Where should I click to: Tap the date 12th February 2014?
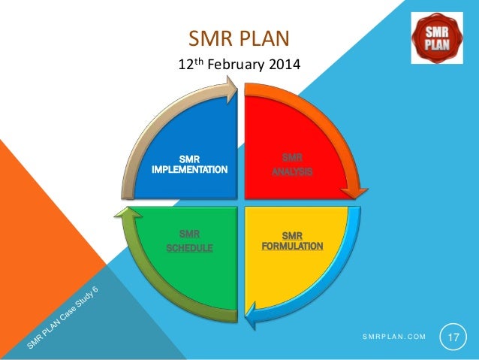click(238, 65)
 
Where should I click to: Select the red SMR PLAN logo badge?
click(437, 37)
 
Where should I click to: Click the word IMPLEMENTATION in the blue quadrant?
click(189, 169)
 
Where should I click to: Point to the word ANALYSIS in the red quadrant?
click(292, 172)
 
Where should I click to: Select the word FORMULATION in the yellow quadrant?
click(292, 246)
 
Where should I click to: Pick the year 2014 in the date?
click(283, 66)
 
